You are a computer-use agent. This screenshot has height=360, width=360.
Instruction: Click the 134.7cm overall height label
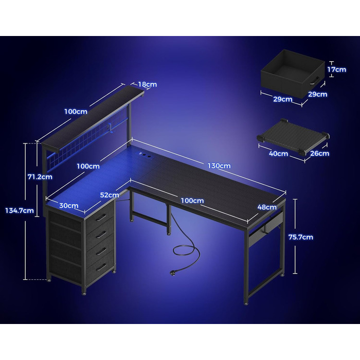[20, 210]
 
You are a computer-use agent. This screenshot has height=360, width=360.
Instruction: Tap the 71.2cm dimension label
[40, 177]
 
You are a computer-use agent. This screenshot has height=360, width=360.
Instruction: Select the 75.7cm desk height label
[301, 237]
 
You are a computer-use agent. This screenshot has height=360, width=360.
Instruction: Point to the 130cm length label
[219, 166]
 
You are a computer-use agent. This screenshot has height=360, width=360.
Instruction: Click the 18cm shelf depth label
[148, 84]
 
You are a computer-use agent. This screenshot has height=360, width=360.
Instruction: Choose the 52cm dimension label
[110, 195]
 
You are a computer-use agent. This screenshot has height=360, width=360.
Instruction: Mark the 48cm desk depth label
[267, 207]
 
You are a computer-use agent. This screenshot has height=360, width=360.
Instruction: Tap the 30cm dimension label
[69, 206]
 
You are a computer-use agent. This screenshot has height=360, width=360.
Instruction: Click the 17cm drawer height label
[336, 69]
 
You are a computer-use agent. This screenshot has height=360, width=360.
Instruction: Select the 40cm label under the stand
[278, 153]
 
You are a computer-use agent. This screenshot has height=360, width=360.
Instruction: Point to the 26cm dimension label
[319, 153]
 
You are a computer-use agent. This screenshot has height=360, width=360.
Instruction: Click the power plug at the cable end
[172, 273]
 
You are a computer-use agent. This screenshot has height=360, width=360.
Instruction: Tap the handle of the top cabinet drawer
[101, 217]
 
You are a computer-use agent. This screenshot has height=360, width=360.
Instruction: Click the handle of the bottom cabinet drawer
[101, 267]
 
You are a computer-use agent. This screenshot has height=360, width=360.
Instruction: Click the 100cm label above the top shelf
[76, 112]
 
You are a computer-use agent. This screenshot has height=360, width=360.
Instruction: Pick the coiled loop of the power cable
[186, 250]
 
